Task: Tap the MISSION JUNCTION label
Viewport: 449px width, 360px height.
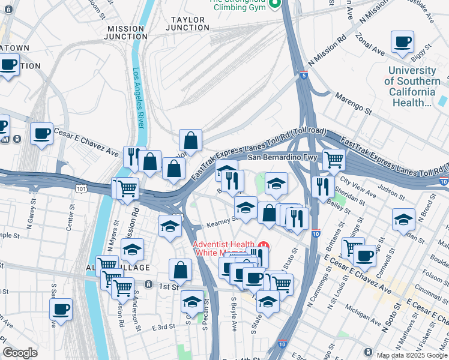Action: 125,32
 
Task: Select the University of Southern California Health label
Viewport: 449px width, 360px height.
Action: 412,86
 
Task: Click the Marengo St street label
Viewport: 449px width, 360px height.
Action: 354,102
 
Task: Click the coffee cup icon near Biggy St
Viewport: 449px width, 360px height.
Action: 402,42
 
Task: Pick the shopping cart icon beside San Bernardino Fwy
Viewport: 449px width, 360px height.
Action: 334,159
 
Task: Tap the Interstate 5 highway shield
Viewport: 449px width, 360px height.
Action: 304,75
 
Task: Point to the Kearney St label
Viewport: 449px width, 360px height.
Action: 219,221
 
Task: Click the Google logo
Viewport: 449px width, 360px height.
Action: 20,353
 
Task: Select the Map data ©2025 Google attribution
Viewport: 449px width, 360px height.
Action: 412,355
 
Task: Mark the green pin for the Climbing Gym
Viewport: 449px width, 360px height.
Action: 275,5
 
